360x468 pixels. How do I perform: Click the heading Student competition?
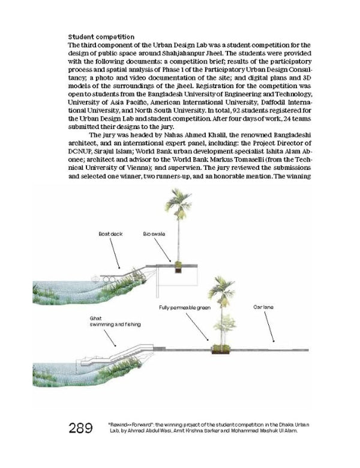click(101, 37)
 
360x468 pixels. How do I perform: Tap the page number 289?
click(80, 428)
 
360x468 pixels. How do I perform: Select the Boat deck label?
click(110, 234)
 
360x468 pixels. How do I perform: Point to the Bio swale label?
click(154, 234)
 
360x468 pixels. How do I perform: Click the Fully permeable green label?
click(185, 308)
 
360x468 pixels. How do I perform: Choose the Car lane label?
click(263, 307)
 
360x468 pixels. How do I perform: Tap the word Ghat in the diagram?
click(95, 319)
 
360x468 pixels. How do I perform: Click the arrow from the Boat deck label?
click(115, 253)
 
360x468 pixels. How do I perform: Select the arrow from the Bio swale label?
click(163, 250)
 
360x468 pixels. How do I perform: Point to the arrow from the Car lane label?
click(269, 326)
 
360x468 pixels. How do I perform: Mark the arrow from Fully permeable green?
click(197, 327)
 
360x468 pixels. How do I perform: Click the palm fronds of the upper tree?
click(178, 202)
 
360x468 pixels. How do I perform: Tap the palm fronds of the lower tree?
click(221, 290)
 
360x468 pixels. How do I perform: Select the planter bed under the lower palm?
click(221, 350)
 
